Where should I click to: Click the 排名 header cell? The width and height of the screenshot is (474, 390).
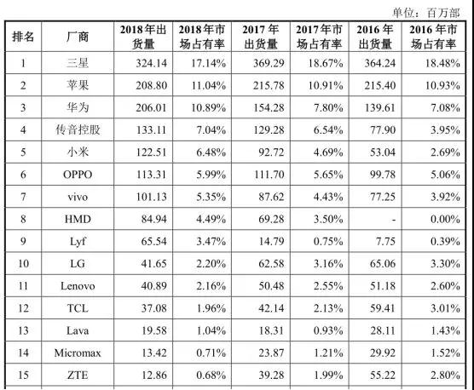point(23,36)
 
